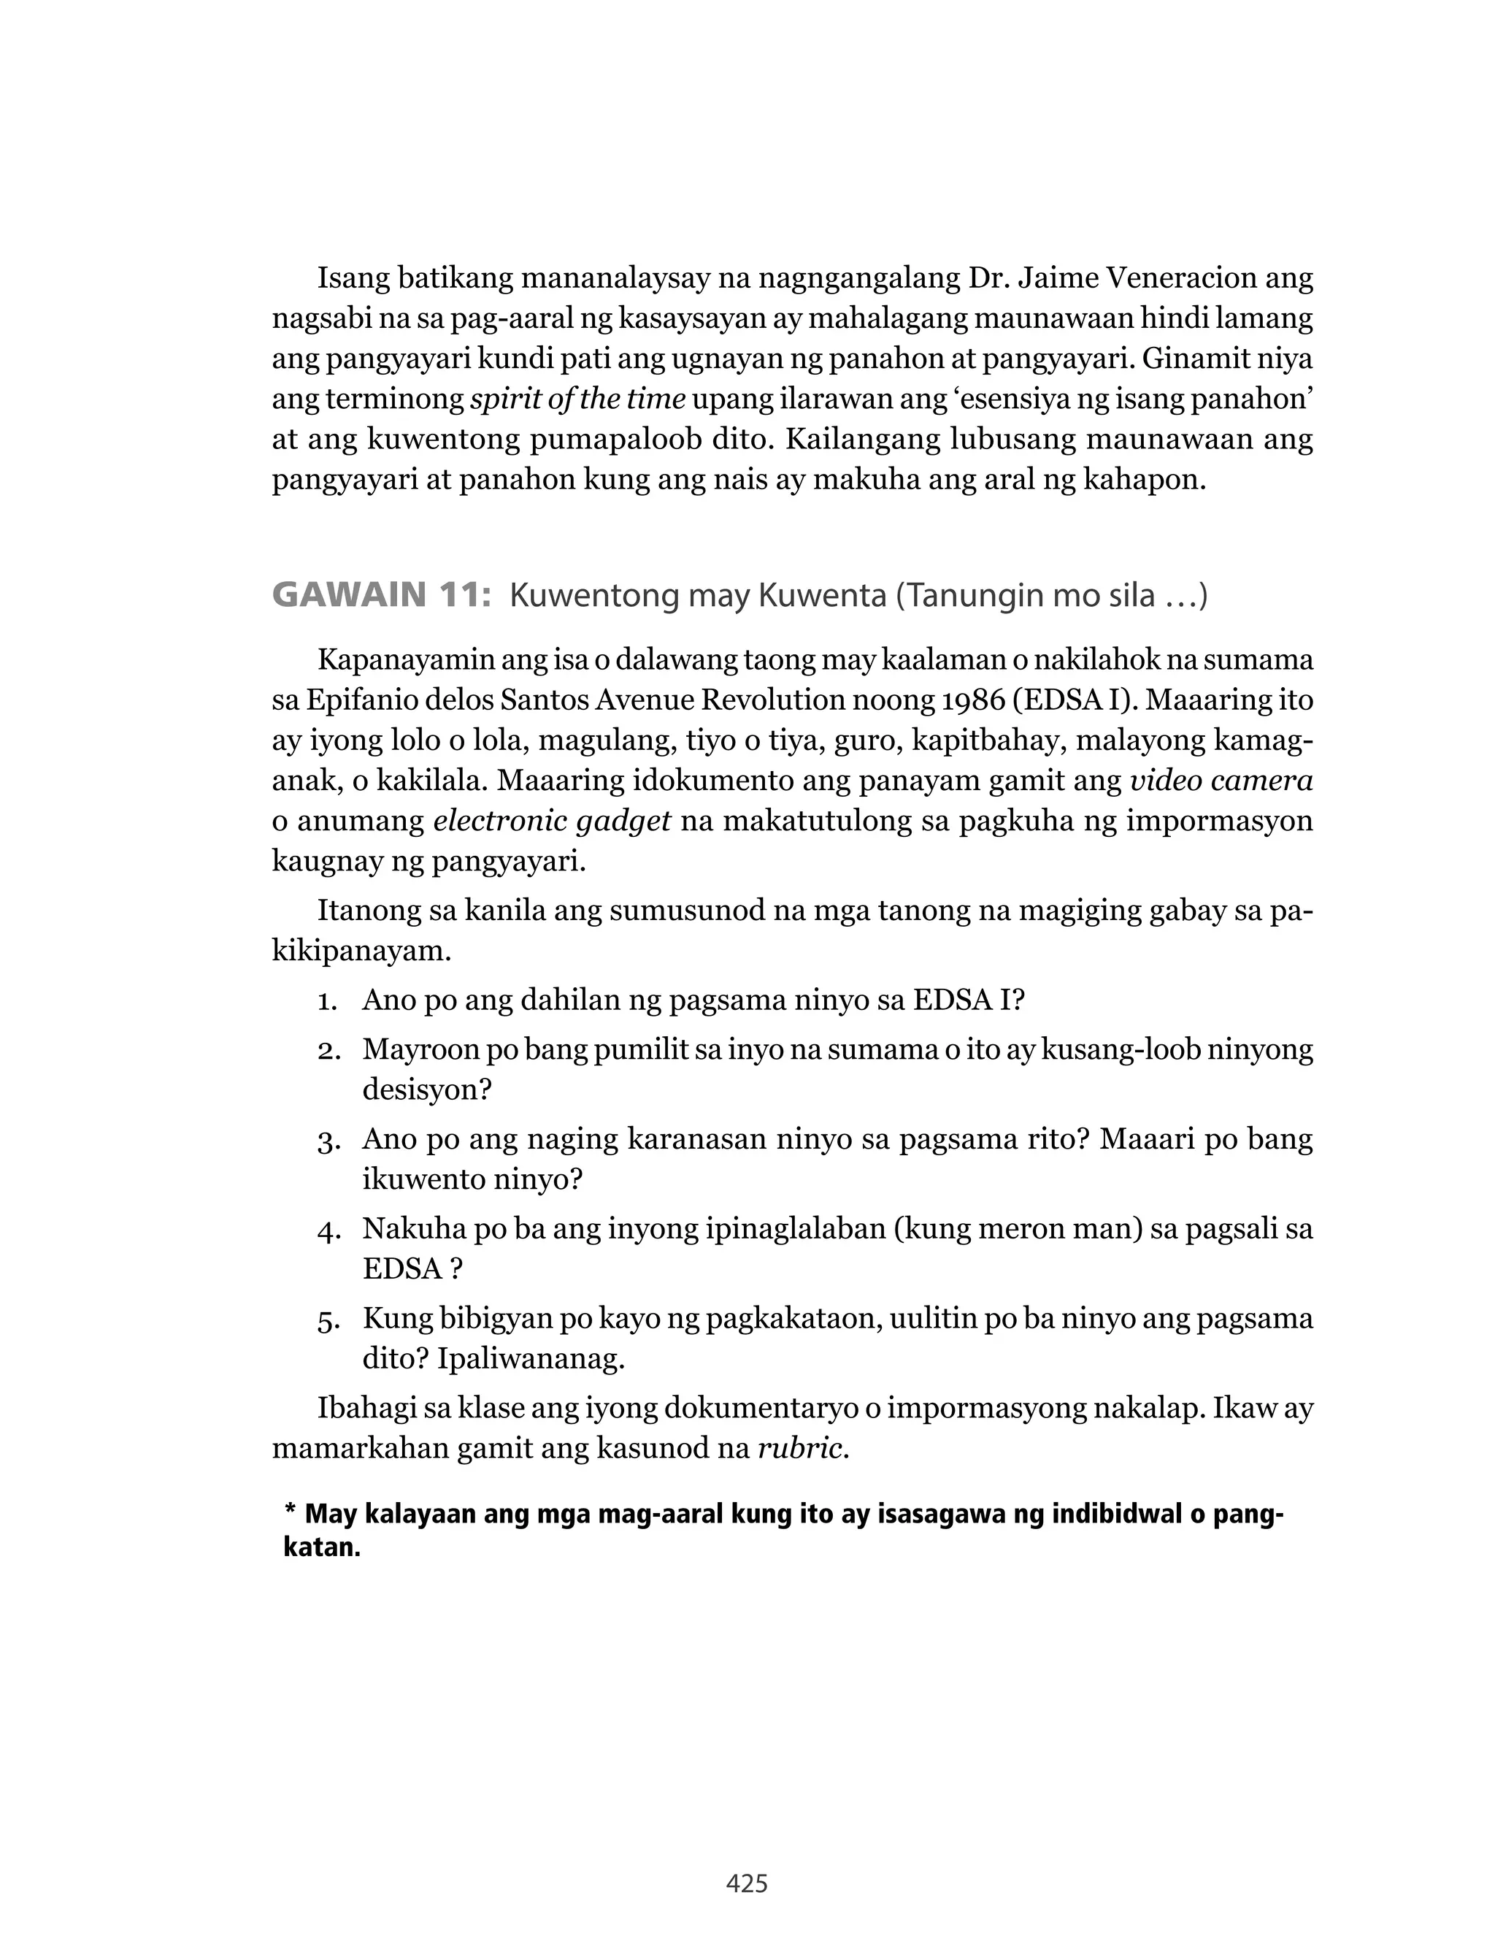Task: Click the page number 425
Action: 747,1883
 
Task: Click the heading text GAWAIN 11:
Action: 381,595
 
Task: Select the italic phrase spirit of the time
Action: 577,399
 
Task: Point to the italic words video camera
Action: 1221,781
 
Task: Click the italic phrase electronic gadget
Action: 552,821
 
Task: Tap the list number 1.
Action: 326,1001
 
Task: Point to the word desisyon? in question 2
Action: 426,1090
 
